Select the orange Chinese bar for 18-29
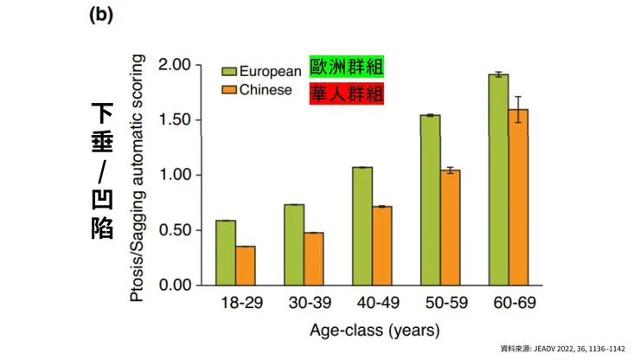click(x=246, y=266)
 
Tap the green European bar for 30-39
click(x=294, y=245)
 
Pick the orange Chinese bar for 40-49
click(x=381, y=246)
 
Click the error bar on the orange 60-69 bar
click(x=518, y=109)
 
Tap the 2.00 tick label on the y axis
click(x=173, y=65)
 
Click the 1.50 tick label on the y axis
click(x=173, y=120)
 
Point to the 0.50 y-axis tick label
click(x=173, y=230)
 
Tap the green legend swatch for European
click(x=229, y=72)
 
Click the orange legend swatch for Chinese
click(x=229, y=90)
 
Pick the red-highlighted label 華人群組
click(x=346, y=93)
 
